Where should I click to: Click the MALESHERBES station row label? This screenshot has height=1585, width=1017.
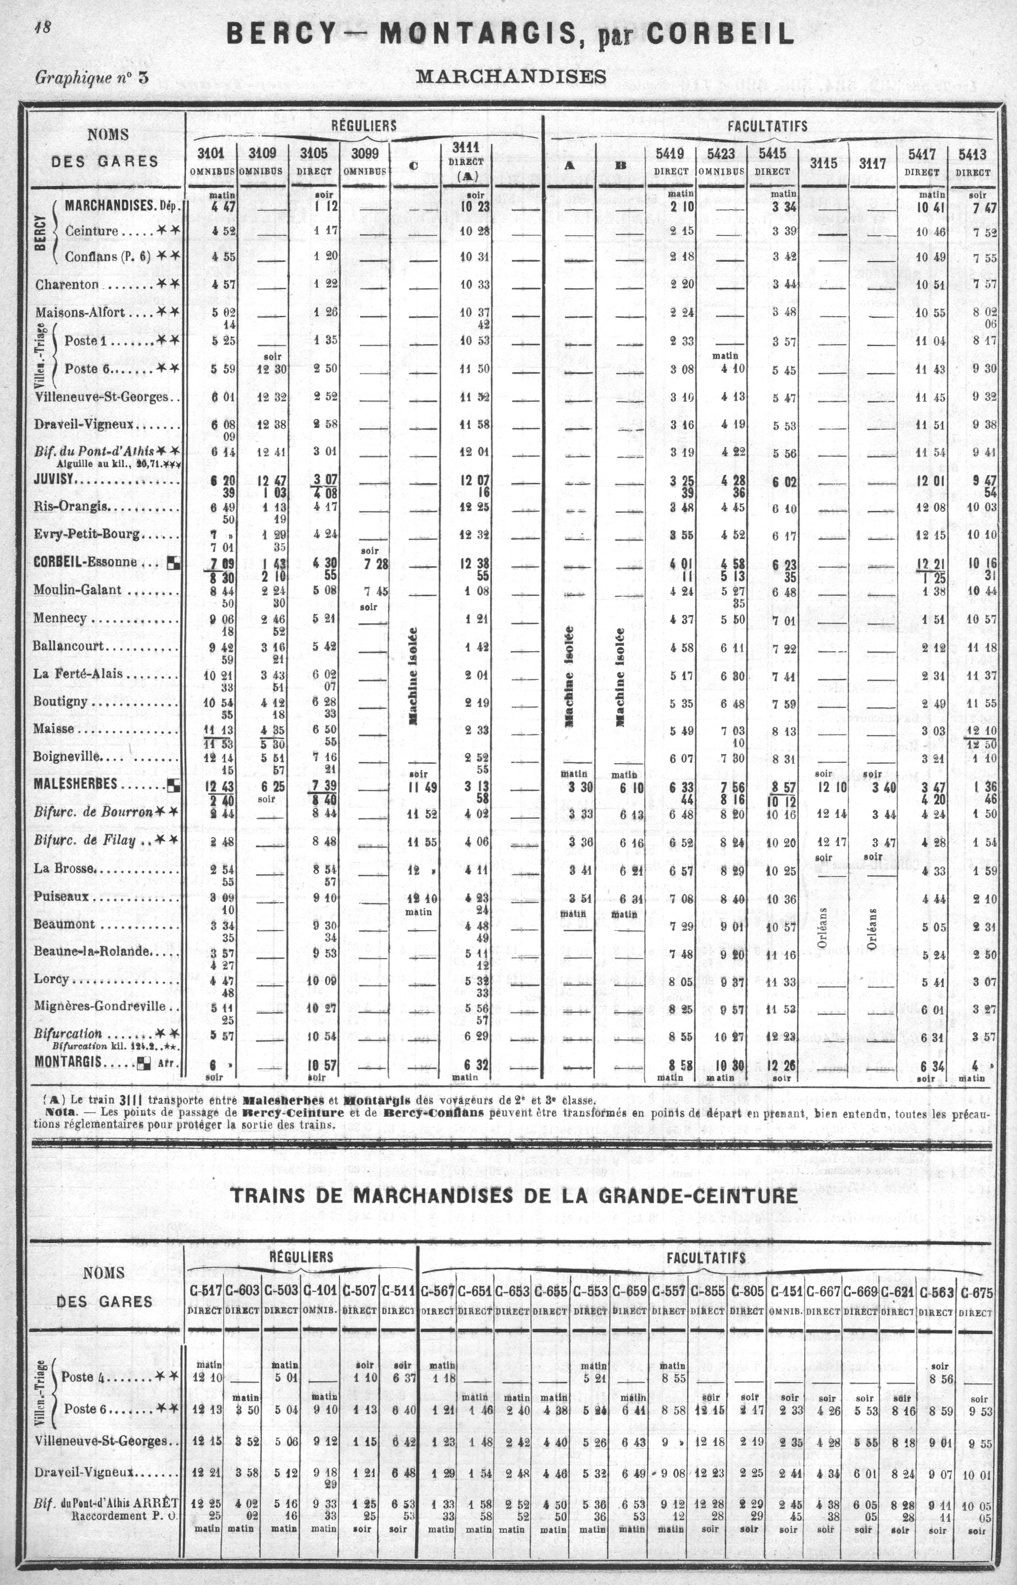(x=75, y=784)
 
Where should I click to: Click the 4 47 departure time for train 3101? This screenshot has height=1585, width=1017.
(x=224, y=207)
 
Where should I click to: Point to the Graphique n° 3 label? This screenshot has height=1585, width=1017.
(x=92, y=77)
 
